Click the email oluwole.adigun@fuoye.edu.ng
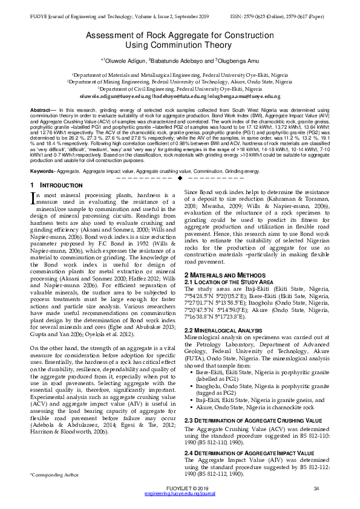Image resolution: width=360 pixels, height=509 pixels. [x=114, y=96]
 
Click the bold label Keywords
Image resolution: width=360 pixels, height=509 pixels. [x=42, y=155]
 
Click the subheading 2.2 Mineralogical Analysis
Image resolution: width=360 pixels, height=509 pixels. [x=223, y=330]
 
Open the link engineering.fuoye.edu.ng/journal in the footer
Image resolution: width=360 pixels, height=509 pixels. [x=180, y=494]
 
